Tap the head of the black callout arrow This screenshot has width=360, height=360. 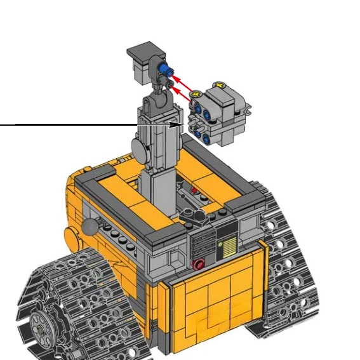tap(179, 125)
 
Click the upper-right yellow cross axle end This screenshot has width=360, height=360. tap(220, 85)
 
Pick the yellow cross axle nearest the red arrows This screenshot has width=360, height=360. tap(196, 95)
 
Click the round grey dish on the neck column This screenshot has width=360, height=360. tap(139, 148)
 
